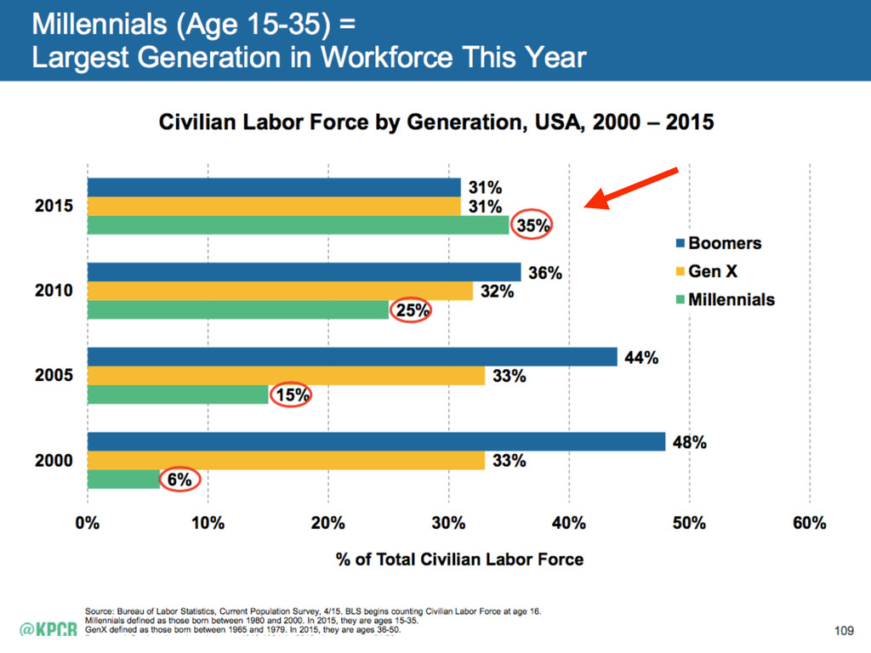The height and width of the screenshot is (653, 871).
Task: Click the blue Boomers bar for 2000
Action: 376,442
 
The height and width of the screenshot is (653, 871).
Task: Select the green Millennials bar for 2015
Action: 298,225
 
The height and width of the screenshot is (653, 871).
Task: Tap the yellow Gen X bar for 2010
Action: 280,291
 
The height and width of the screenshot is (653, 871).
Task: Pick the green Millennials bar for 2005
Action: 178,395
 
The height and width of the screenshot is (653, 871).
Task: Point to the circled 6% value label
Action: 180,480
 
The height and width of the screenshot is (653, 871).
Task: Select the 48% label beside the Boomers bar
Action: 690,442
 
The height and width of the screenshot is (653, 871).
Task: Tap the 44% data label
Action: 642,357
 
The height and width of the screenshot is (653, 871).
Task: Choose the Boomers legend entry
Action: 723,243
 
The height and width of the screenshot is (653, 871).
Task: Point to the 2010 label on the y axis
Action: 54,291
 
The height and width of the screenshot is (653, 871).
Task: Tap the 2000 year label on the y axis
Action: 54,461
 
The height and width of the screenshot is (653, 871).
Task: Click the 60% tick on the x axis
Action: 809,523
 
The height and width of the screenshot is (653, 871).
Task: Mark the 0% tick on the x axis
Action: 88,523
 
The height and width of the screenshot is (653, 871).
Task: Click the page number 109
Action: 842,630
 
